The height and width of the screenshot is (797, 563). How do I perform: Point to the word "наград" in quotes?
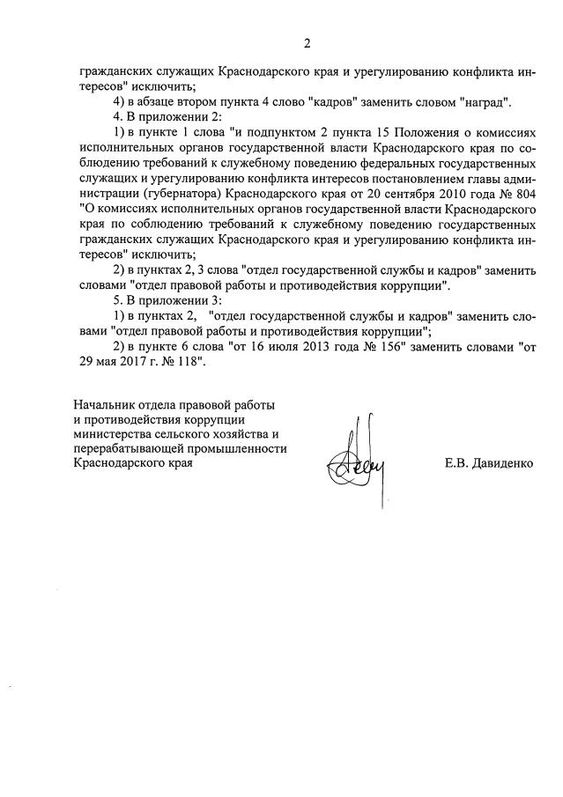click(488, 102)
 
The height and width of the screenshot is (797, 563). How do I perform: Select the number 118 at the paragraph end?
click(188, 362)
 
